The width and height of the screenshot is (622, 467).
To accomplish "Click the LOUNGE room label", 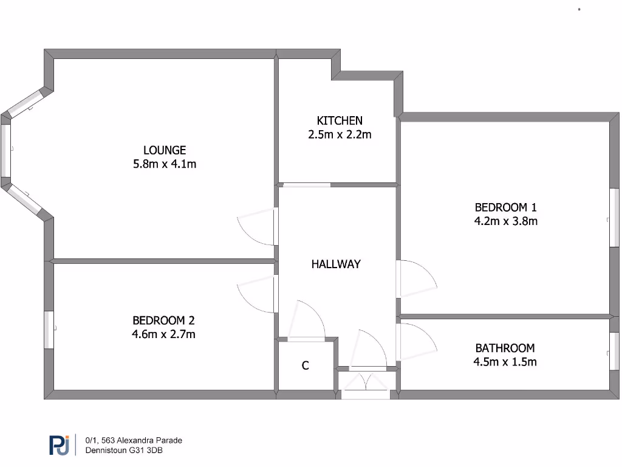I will click(165, 150).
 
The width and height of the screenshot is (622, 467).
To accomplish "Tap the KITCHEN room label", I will click(340, 120).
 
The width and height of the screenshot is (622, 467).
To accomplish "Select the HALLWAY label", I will click(336, 264).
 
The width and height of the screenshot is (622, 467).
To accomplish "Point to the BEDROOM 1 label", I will click(505, 207).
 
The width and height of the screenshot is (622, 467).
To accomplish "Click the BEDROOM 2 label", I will click(164, 320).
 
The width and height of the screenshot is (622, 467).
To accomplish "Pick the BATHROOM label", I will click(505, 348).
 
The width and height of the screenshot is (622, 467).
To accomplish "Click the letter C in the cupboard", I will click(306, 365).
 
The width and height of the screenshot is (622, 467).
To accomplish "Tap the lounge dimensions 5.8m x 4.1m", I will click(165, 164).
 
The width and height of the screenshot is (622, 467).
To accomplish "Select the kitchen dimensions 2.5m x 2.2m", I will click(340, 134).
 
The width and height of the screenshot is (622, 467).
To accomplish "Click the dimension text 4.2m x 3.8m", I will click(505, 221).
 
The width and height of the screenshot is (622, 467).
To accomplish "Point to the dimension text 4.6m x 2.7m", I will click(164, 334).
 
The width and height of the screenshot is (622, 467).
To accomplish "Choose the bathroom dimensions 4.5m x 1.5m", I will click(505, 362).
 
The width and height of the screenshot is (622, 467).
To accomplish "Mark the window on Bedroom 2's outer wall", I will click(49, 330).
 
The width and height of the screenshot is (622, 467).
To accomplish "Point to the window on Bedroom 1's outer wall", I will click(614, 217).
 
